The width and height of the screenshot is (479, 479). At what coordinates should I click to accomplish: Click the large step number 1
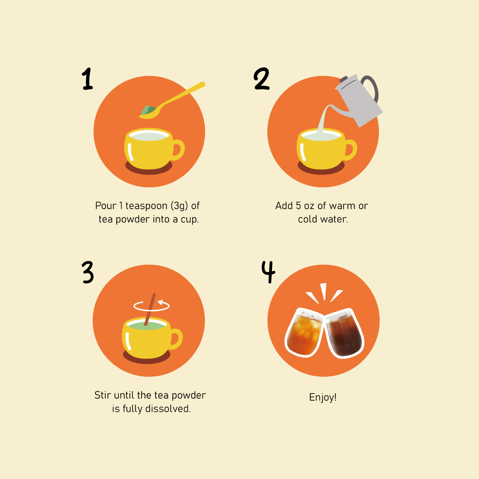point(87,79)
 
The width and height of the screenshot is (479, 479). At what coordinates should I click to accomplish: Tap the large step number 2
point(261,79)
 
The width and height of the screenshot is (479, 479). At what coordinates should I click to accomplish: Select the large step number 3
point(88,272)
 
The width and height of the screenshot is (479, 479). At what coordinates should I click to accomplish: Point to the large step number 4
point(268,272)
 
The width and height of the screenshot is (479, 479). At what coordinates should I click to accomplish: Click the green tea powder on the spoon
point(148,110)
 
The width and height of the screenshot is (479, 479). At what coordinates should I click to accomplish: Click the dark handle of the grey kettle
point(371,88)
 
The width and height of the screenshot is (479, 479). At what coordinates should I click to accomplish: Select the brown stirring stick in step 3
point(150,309)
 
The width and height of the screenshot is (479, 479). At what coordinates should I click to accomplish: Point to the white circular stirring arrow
point(152,306)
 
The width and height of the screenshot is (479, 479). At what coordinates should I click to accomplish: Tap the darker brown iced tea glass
point(344,333)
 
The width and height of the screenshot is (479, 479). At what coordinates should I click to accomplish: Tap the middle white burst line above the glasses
point(323,291)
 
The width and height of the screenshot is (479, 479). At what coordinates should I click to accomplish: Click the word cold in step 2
point(308,220)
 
